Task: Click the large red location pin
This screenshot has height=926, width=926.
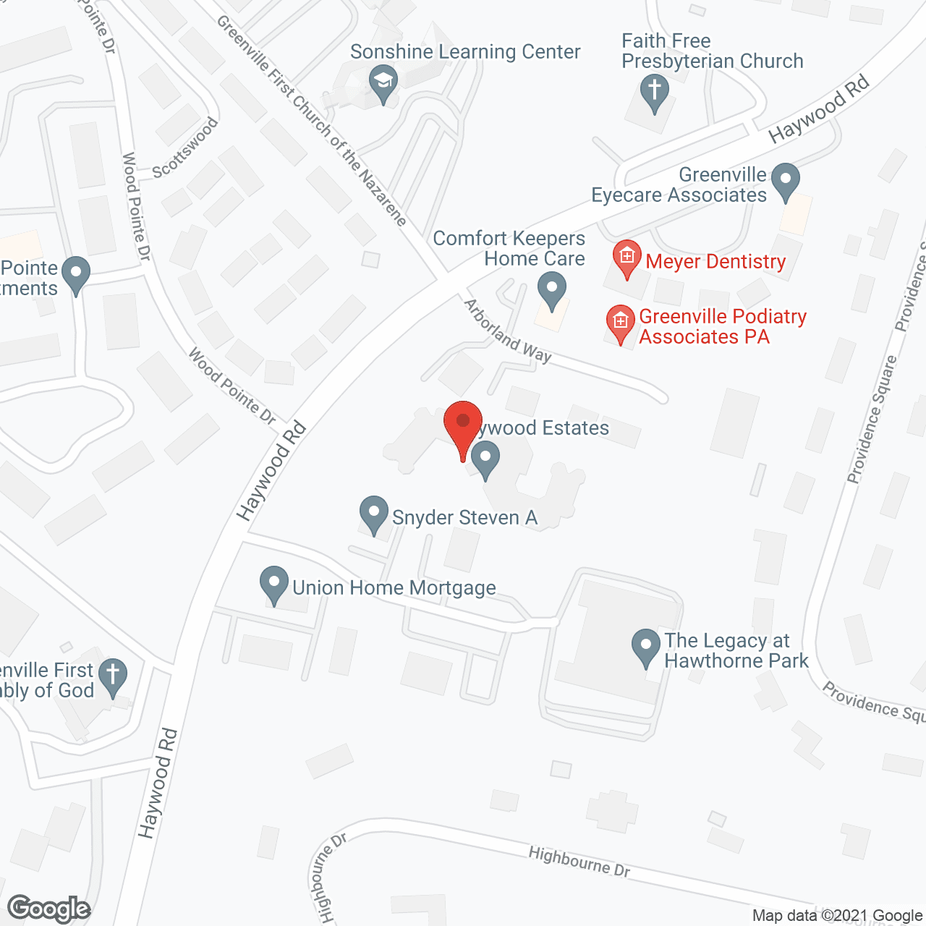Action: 463,427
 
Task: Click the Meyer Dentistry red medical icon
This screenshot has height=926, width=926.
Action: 626,258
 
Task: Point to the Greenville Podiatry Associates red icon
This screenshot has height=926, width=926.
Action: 620,322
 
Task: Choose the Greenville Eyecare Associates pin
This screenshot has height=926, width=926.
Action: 786,181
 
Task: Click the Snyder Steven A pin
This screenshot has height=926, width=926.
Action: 374,514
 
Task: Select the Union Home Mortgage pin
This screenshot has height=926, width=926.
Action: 274,584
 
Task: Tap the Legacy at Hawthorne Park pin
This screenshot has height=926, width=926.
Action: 646,647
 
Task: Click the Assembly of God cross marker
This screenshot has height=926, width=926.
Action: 113,676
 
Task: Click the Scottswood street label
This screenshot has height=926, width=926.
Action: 186,148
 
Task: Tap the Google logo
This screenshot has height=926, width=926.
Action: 49,909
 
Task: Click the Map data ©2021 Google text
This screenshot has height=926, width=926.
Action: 837,916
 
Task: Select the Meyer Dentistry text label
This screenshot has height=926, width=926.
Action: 715,261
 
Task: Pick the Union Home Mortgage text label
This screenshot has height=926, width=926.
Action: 394,587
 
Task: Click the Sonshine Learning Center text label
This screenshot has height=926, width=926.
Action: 465,52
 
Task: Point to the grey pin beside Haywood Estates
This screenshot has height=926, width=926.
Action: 485,460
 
